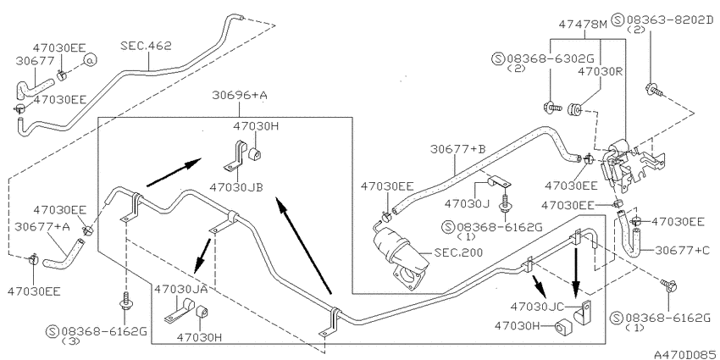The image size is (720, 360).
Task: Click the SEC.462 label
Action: [146, 46]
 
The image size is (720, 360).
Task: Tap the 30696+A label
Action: [240, 96]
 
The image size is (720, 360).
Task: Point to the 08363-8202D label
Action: [670, 19]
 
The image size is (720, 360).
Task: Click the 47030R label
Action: [600, 72]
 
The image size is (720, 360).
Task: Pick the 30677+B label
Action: [457, 150]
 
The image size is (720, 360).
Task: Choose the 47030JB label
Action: [236, 187]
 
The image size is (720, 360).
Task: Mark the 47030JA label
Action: [181, 289]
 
